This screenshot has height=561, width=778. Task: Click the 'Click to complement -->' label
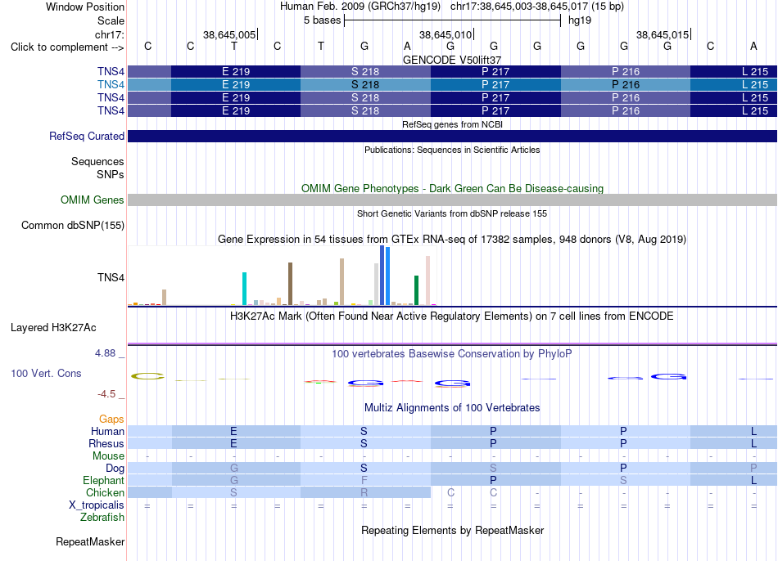(x=67, y=47)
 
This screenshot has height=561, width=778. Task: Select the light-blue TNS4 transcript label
(x=111, y=85)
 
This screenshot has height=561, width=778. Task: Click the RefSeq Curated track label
(x=87, y=137)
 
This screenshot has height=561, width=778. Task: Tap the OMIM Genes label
(x=93, y=200)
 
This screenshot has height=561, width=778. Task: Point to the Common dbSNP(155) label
(x=73, y=226)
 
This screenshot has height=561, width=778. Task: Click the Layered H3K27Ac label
(x=53, y=328)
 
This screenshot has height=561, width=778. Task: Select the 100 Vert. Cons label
(x=46, y=373)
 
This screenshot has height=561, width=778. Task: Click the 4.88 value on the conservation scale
(x=105, y=353)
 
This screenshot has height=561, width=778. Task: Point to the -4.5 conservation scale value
(x=106, y=394)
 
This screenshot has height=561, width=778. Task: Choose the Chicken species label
(x=105, y=492)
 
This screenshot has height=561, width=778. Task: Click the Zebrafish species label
(x=102, y=518)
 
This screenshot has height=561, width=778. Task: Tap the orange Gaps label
(x=111, y=420)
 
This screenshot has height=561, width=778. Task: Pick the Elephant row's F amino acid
(x=364, y=480)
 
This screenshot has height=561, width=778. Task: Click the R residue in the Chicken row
(x=364, y=492)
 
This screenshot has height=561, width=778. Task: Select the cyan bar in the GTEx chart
(x=244, y=289)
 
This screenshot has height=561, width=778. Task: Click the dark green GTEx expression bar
(x=416, y=290)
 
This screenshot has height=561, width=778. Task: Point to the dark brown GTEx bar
(x=290, y=284)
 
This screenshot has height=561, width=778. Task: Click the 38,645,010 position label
(x=446, y=34)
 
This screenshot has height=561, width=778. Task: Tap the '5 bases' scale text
(x=323, y=20)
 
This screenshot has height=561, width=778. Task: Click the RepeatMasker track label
(x=90, y=541)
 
